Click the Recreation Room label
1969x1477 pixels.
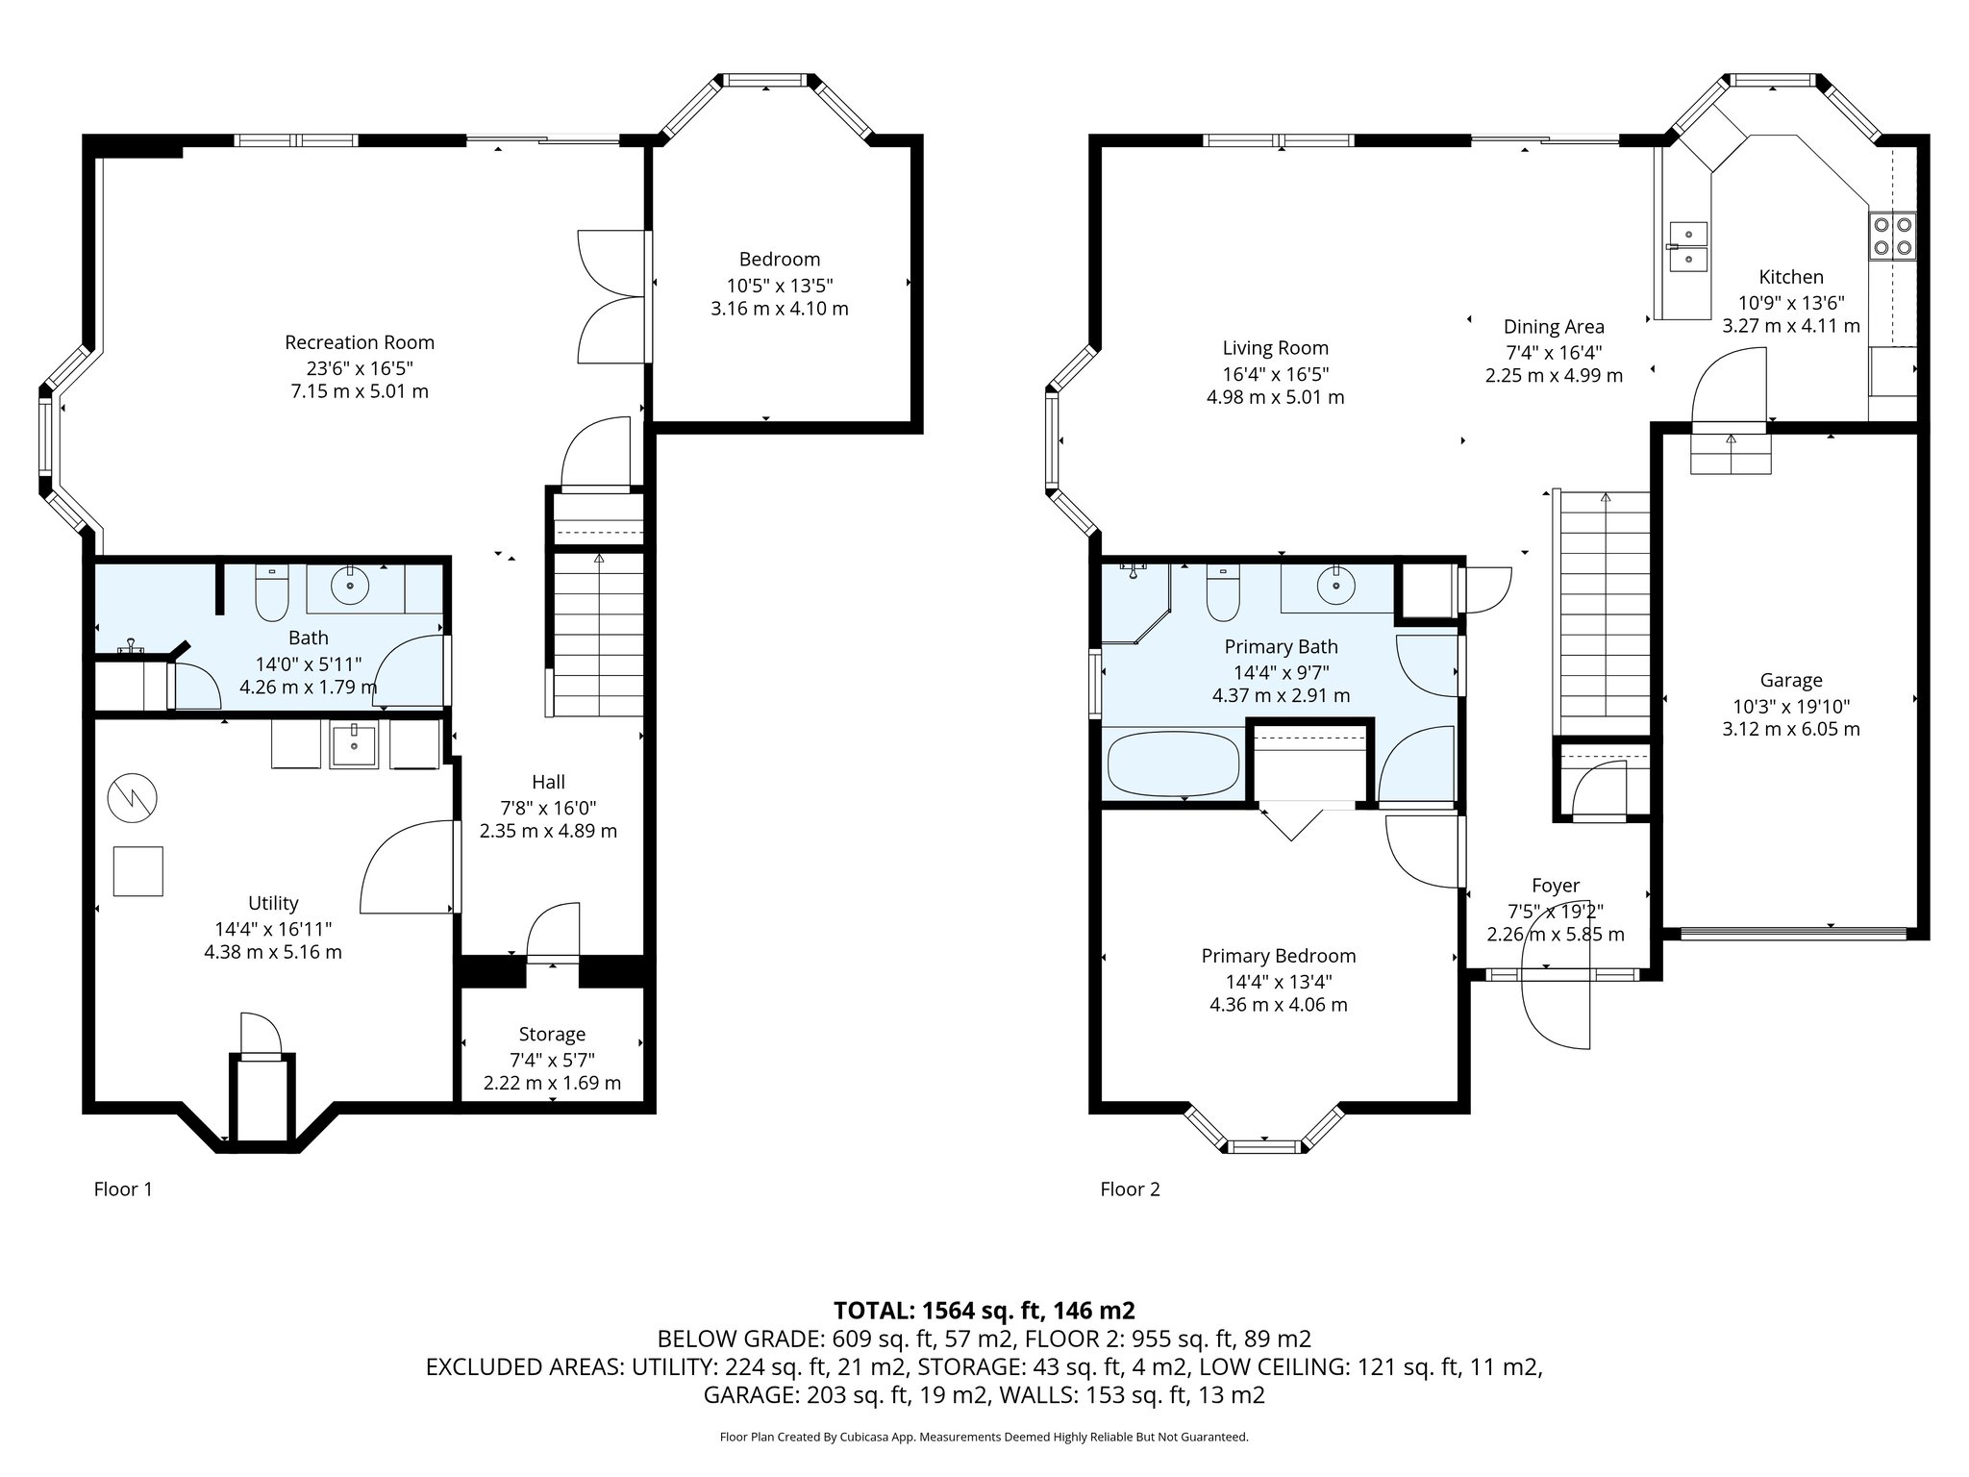[360, 342]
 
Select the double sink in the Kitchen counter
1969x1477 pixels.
[1688, 246]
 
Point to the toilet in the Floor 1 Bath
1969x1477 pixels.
[272, 596]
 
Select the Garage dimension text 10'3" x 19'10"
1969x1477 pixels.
[1790, 705]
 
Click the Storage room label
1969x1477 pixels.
[552, 1035]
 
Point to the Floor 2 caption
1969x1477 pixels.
[1130, 1189]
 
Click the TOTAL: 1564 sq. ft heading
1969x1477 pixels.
[984, 1310]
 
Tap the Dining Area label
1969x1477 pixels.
[1554, 327]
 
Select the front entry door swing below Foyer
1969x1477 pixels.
[1556, 1017]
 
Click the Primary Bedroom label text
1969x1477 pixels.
[1278, 956]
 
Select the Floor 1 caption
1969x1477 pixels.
[123, 1189]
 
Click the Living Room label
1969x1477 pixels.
[1275, 348]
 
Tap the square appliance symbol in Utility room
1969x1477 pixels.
[138, 871]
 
